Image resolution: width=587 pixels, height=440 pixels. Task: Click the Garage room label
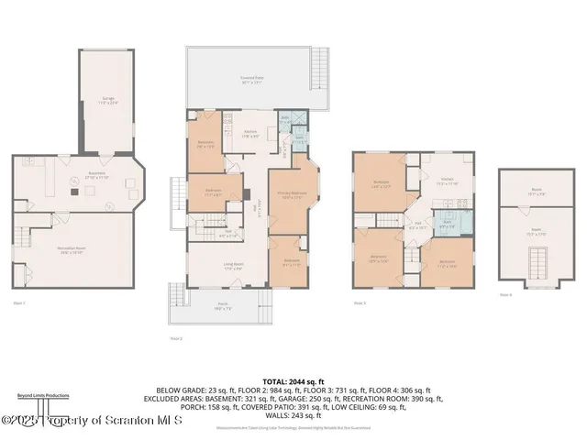108,99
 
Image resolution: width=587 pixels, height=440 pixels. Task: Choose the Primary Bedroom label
293,195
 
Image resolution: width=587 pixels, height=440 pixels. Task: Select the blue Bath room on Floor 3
449,223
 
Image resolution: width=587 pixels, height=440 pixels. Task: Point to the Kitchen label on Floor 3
447,181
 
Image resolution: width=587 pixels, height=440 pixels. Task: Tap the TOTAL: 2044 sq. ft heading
293,380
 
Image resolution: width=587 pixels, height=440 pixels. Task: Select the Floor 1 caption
19,302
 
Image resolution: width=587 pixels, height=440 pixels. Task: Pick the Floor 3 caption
360,302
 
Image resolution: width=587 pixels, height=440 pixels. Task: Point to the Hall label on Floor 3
418,224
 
